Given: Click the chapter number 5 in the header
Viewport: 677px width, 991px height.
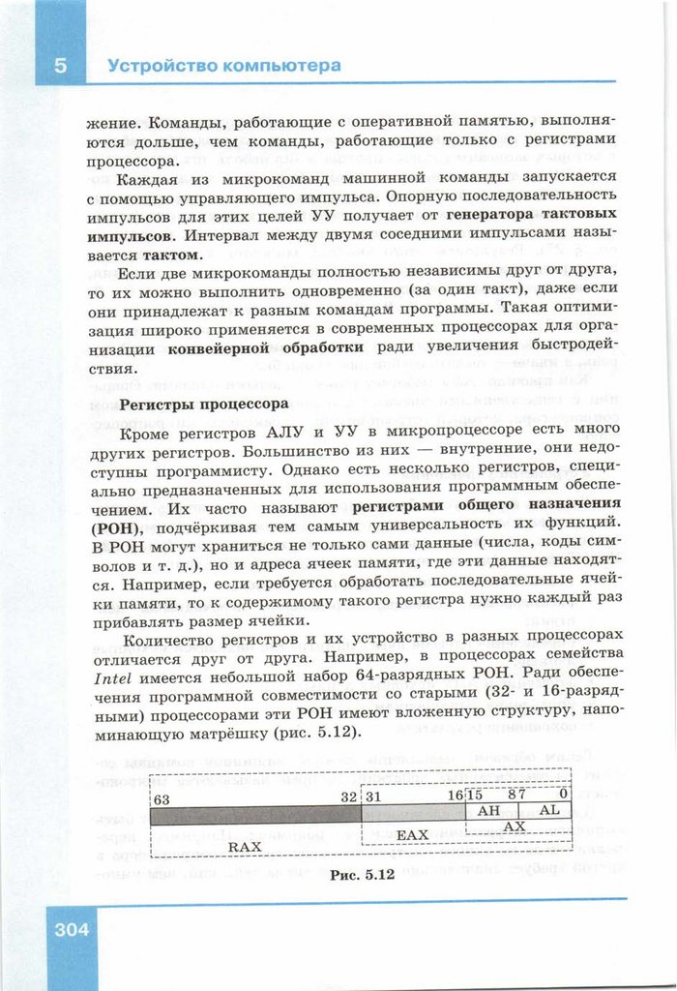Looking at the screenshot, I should [60, 66].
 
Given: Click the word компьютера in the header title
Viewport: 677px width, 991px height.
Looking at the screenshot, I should [281, 66].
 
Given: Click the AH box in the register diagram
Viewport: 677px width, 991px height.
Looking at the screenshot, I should [489, 810].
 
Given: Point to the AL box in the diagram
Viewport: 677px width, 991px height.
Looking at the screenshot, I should [547, 810].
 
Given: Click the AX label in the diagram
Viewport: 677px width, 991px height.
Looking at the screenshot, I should [515, 826].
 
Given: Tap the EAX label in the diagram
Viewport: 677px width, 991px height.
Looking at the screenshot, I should [412, 834].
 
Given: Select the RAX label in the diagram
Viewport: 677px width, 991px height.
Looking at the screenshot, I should [245, 846].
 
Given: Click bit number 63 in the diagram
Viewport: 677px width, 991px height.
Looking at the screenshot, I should [162, 799].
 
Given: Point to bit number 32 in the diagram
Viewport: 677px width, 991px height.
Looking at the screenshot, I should [348, 796].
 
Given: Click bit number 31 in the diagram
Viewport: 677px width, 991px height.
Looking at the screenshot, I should [372, 796].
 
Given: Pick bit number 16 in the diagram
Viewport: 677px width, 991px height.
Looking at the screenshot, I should [455, 795].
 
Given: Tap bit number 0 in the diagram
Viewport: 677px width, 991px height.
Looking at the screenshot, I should [563, 794].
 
